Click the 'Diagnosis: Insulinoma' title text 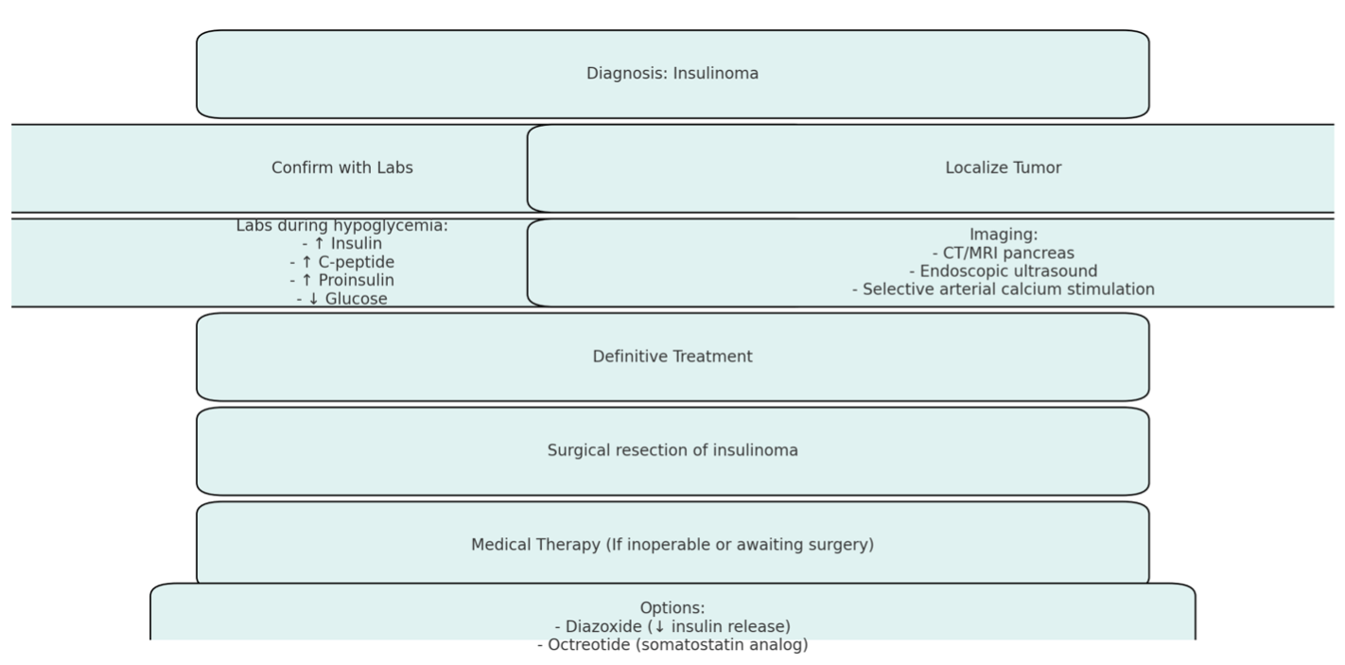(672, 73)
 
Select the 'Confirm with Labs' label (342, 167)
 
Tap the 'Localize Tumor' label (1004, 167)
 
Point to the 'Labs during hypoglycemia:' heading (341, 226)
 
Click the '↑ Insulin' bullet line (341, 244)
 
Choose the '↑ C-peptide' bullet (341, 263)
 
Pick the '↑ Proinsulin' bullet (341, 281)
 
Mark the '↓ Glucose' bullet (341, 299)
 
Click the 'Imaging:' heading (1004, 235)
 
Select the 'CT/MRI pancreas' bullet (1004, 253)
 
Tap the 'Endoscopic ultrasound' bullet (1004, 271)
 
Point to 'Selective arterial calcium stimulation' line (1004, 289)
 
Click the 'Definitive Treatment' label (672, 357)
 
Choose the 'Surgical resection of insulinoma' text (672, 450)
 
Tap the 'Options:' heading (672, 608)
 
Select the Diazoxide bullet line (672, 626)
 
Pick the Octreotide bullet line (672, 644)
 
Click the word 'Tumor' (1036, 167)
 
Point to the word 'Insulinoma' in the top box (716, 73)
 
